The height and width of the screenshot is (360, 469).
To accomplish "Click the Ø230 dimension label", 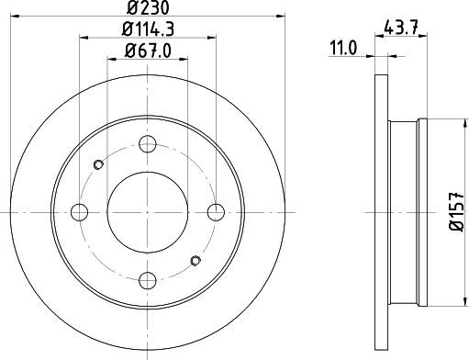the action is point(148,7).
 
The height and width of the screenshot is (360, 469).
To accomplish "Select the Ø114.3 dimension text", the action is point(148,29).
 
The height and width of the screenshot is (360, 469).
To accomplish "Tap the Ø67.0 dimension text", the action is point(148,51).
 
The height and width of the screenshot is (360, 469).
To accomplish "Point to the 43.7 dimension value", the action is point(401,28).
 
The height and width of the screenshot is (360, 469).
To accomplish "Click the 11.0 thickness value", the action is point(343,49).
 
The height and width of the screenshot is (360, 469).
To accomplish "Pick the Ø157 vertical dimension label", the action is point(457,212).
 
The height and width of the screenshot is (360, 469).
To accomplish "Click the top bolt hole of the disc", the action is point(148,144).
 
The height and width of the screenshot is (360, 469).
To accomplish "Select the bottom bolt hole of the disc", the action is point(148,280).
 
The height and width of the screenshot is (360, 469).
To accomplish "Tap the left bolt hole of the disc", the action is point(79,212).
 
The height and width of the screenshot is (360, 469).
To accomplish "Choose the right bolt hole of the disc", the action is point(216,212).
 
